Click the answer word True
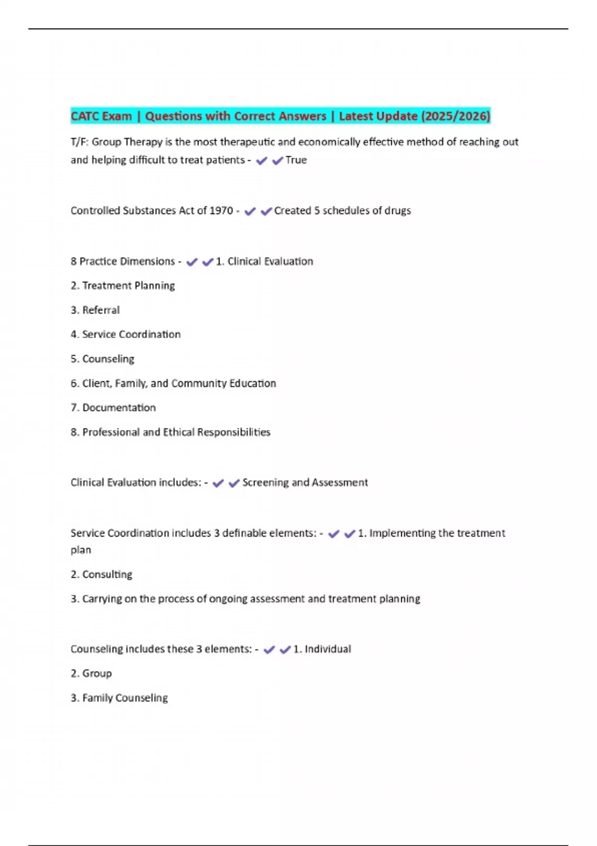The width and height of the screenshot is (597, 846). (296, 160)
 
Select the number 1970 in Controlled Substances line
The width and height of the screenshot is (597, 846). (221, 211)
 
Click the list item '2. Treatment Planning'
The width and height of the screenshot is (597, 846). (123, 286)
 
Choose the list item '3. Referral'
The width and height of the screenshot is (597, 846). (96, 310)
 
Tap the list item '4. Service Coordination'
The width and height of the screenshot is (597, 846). (126, 334)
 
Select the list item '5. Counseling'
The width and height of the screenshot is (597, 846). (102, 359)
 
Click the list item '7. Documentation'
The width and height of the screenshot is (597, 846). (113, 408)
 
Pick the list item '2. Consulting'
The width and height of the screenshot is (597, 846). (101, 574)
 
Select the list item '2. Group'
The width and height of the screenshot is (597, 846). (92, 673)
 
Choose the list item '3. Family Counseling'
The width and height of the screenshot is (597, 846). (119, 698)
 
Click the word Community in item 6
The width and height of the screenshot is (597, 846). (199, 383)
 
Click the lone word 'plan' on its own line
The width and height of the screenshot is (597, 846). (81, 550)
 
